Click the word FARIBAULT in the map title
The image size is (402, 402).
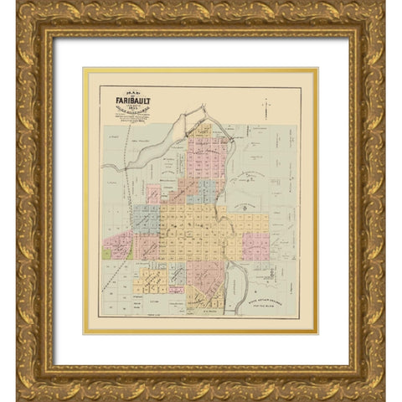click(128, 104)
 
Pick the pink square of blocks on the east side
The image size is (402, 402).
click(257, 245)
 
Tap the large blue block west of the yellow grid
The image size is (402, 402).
click(145, 219)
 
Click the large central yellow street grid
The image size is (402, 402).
click(201, 230)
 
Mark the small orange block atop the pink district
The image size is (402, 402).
click(204, 131)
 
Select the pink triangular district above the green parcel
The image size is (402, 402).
click(119, 243)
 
